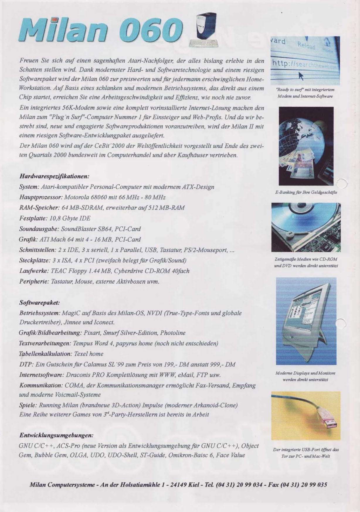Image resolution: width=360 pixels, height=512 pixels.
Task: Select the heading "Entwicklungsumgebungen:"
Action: point(56,435)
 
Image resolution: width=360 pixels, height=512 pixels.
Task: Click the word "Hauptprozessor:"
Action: point(40,197)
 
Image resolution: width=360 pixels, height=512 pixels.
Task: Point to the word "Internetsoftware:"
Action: point(41,375)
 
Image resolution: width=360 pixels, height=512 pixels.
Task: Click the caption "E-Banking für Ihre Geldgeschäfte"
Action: point(306,192)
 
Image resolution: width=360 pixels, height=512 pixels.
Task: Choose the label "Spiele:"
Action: point(28,405)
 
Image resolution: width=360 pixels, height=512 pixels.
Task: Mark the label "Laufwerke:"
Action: point(34,271)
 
